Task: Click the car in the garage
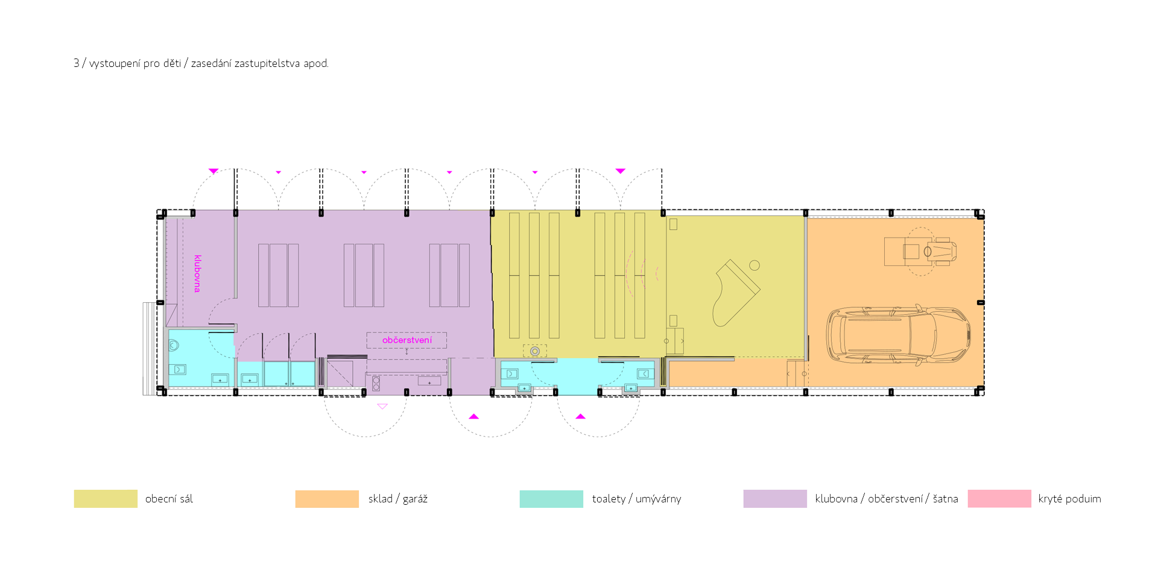(898, 335)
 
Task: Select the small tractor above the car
(920, 251)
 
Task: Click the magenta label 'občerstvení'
(407, 340)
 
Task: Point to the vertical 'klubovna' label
(197, 274)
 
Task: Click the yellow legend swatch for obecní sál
(106, 499)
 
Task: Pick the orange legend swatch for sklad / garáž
(327, 499)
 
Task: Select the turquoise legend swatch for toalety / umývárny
(551, 499)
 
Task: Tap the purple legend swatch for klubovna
(775, 499)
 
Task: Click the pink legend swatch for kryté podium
(999, 499)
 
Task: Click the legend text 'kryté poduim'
(1069, 499)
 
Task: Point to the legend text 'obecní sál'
(169, 499)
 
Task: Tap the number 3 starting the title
(77, 63)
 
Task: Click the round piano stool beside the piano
(755, 265)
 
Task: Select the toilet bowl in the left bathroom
(174, 346)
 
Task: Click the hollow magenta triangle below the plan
(382, 407)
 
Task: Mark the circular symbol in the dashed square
(535, 351)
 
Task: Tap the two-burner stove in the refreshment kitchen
(376, 384)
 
